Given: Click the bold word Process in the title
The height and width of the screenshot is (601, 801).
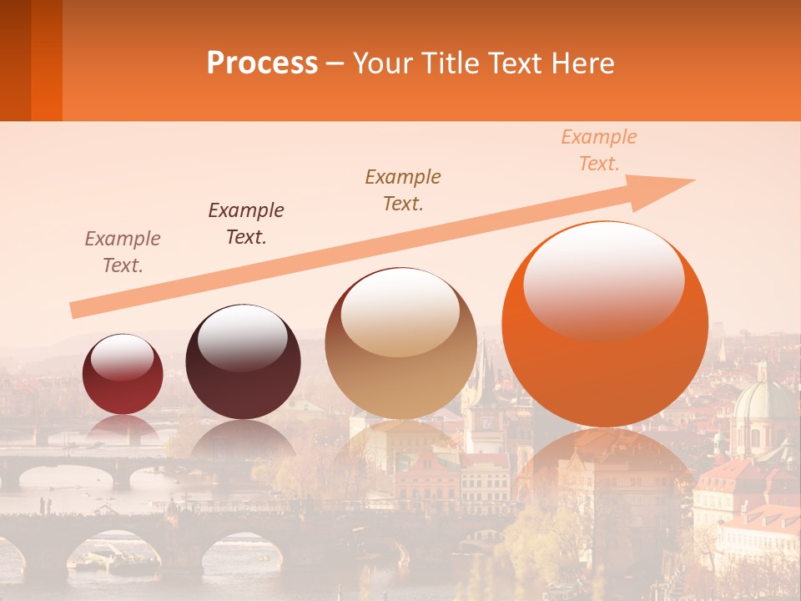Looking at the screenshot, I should tap(262, 63).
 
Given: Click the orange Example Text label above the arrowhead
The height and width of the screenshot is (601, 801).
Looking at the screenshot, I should tap(598, 150).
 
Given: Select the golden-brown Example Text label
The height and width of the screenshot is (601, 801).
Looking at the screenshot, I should tap(403, 189).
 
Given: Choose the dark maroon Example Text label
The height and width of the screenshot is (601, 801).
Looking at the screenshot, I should tap(246, 223).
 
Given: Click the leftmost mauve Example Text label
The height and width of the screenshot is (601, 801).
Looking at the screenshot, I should tap(123, 251).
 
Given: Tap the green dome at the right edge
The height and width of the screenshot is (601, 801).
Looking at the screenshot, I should tap(763, 401).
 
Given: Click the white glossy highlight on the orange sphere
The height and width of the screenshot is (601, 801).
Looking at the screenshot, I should tap(603, 279).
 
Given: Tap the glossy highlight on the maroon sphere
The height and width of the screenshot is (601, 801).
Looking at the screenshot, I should tap(242, 337).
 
